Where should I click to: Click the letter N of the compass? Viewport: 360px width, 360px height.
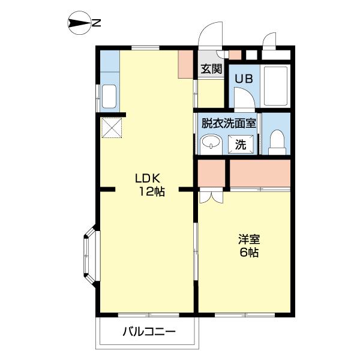point(96,24)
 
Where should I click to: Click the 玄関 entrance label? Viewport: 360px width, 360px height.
point(211,68)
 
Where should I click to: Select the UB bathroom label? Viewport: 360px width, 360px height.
point(243,78)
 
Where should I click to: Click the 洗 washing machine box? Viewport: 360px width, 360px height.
point(240,144)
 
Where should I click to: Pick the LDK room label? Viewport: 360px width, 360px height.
point(146,178)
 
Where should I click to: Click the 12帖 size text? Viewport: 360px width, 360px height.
point(152,192)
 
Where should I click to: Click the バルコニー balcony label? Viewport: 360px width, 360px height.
point(149,331)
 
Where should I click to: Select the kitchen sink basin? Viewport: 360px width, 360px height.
point(109,96)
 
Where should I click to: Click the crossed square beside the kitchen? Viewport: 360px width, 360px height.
point(112,128)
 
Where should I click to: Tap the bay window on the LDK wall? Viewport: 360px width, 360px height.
point(89,254)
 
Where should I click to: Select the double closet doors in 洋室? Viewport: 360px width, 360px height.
point(210,196)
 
